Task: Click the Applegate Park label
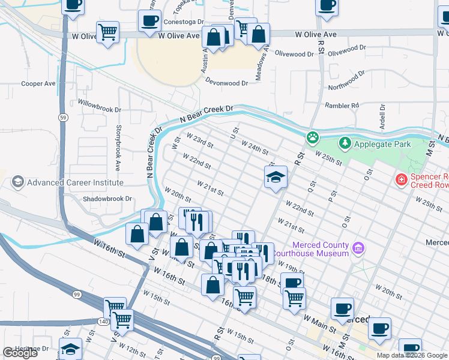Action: pyautogui.click(x=383, y=144)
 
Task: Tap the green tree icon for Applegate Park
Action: pyautogui.click(x=345, y=143)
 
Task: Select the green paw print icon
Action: pyautogui.click(x=313, y=138)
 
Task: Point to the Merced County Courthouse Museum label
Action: pyautogui.click(x=320, y=249)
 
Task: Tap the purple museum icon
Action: pyautogui.click(x=358, y=248)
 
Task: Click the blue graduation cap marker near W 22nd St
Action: pyautogui.click(x=276, y=177)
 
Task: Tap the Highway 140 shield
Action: pyautogui.click(x=104, y=322)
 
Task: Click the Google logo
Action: pyautogui.click(x=20, y=353)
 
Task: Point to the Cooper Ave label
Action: pyautogui.click(x=38, y=84)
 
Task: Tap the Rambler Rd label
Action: pyautogui.click(x=342, y=106)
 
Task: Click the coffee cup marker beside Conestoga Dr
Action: pyautogui.click(x=149, y=22)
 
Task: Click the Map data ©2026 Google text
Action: pyautogui.click(x=411, y=355)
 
